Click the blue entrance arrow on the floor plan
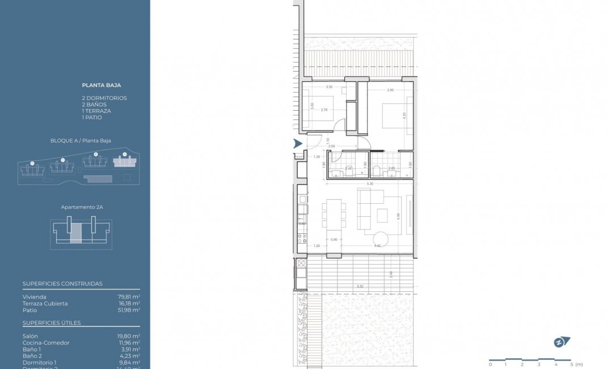[x=297, y=144]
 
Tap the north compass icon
[x=562, y=342]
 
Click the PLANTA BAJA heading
[x=102, y=85]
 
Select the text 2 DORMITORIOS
[x=104, y=98]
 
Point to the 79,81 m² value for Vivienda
[x=129, y=297]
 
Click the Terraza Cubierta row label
[x=45, y=304]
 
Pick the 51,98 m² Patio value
[x=129, y=311]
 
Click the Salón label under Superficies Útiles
[x=30, y=336]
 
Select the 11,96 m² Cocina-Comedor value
[x=129, y=343]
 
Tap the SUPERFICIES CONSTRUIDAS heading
[x=62, y=284]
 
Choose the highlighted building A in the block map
[x=125, y=162]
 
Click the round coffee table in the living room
[x=380, y=238]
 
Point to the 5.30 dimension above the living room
[x=370, y=184]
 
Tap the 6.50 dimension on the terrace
[x=360, y=286]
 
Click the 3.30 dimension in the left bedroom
[x=329, y=87]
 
